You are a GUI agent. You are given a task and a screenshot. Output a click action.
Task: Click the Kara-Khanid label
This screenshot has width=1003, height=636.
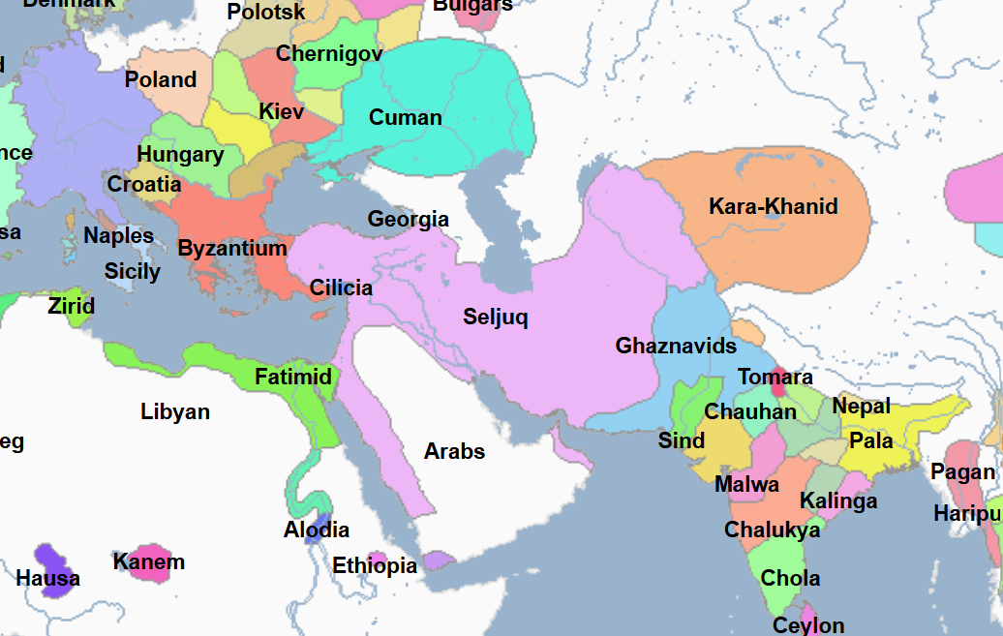point(773,206)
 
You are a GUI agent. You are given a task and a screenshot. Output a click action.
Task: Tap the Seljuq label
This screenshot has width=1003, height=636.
point(496,317)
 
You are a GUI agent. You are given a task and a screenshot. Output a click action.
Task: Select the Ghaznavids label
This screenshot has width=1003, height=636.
point(676,346)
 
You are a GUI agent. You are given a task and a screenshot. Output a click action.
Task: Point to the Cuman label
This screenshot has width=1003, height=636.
point(406,118)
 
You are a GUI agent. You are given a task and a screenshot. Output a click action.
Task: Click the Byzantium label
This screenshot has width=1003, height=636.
point(232,248)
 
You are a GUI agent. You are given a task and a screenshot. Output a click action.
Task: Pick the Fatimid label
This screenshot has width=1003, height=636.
point(293,377)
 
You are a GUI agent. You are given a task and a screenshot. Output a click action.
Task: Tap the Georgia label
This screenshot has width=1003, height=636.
point(408,219)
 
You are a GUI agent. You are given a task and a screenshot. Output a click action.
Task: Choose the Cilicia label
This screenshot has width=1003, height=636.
point(341,288)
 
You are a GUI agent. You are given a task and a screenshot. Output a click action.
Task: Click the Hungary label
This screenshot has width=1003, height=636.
point(180,154)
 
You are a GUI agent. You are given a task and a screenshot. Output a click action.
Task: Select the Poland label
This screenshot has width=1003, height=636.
point(161,79)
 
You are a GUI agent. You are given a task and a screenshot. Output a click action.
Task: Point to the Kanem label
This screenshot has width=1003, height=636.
point(148,561)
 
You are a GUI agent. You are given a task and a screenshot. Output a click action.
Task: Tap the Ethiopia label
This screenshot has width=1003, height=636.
point(375,565)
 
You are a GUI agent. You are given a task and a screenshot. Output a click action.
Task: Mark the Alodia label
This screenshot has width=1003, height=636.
point(317,530)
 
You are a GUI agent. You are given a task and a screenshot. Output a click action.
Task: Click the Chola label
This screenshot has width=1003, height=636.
point(790,578)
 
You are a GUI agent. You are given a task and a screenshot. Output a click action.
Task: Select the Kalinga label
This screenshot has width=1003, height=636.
point(838,500)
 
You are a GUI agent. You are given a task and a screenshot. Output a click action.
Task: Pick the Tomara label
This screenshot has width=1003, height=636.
point(775,377)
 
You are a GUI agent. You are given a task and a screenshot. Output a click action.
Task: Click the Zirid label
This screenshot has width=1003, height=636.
point(72,307)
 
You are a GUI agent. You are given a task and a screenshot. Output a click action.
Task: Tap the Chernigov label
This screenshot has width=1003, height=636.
point(329,54)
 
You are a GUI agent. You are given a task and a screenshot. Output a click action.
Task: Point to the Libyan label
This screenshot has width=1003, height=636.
point(175,411)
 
